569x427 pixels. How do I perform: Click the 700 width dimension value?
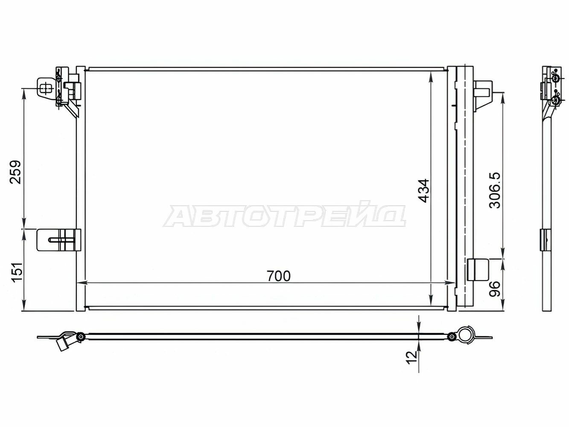point(279,276)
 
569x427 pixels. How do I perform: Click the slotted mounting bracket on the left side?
point(59,240)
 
